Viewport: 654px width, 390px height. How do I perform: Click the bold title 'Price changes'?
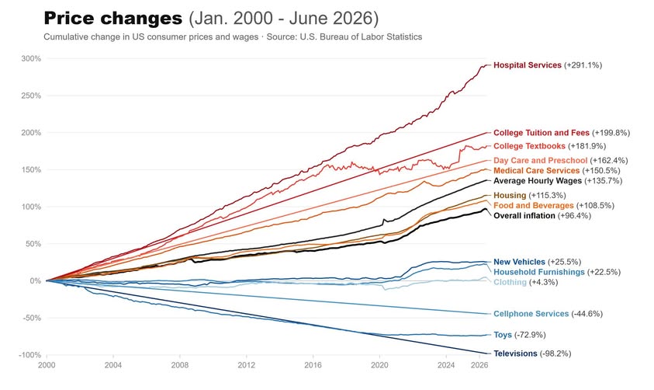(x=113, y=19)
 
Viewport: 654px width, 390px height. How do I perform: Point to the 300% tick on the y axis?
(x=31, y=58)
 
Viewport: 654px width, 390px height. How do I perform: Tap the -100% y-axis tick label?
(x=29, y=355)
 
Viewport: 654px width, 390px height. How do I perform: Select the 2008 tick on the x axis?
(x=180, y=365)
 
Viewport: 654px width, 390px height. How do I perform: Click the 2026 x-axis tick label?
(x=479, y=365)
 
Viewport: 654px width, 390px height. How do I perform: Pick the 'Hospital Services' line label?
(x=528, y=65)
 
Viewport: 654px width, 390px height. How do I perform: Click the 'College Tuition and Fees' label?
(x=542, y=133)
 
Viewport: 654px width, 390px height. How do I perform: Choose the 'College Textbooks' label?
(x=529, y=146)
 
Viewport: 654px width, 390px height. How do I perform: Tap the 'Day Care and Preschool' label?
(x=540, y=160)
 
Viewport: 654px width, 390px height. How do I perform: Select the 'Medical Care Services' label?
(x=536, y=171)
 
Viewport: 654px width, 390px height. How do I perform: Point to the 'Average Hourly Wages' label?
(x=538, y=181)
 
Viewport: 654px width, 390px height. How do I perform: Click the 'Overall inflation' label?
(x=524, y=216)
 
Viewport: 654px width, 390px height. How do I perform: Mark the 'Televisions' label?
(x=516, y=353)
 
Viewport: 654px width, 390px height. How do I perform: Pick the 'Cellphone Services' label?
(x=531, y=314)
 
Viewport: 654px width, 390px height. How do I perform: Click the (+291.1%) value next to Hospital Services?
(x=583, y=65)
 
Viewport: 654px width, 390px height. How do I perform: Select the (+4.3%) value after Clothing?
(x=544, y=282)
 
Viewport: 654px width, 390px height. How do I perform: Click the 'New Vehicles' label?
(x=519, y=262)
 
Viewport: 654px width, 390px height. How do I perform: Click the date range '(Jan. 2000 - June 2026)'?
(x=284, y=19)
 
